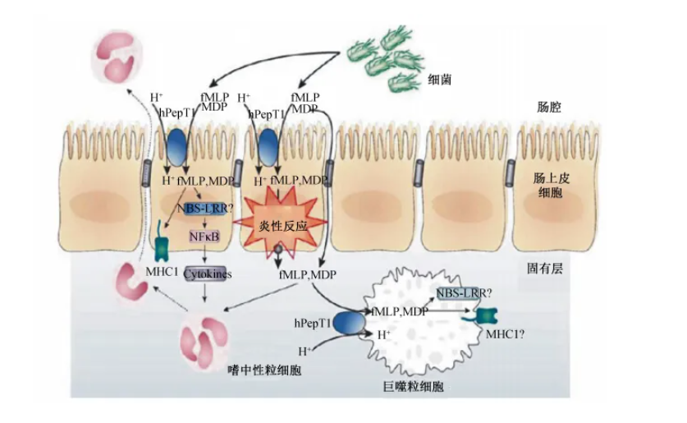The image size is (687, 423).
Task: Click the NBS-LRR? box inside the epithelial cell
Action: (x=204, y=209)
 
